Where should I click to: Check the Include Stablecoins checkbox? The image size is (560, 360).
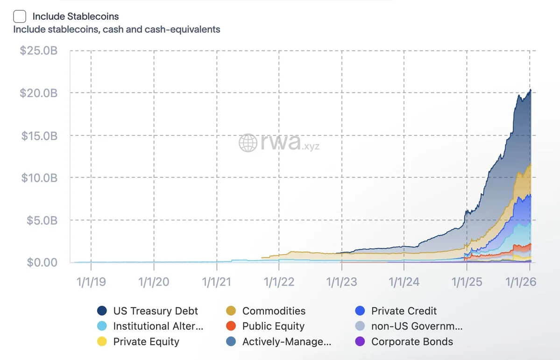[20, 16]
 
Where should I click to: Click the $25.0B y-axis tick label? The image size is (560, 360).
[38, 50]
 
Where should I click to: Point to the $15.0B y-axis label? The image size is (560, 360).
[38, 135]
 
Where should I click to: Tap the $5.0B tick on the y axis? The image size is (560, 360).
[42, 220]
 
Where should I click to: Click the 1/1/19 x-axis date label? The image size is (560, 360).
[91, 282]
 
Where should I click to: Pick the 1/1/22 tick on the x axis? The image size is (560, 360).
[279, 282]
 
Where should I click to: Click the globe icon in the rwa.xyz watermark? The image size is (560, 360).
[248, 143]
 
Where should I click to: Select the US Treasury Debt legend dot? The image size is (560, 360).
[102, 311]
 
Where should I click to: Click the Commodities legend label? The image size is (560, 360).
[274, 311]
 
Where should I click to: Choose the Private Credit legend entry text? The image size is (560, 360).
[404, 311]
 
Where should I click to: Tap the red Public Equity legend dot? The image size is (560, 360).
[231, 326]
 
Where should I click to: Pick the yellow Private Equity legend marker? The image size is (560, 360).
[102, 342]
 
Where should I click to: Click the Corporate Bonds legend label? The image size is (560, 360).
[412, 342]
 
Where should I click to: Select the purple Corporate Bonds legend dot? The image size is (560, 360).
[360, 342]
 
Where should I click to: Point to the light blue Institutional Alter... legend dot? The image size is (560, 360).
[102, 326]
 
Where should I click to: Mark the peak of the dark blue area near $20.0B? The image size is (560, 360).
[530, 90]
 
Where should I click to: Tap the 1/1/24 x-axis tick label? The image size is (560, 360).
[404, 282]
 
